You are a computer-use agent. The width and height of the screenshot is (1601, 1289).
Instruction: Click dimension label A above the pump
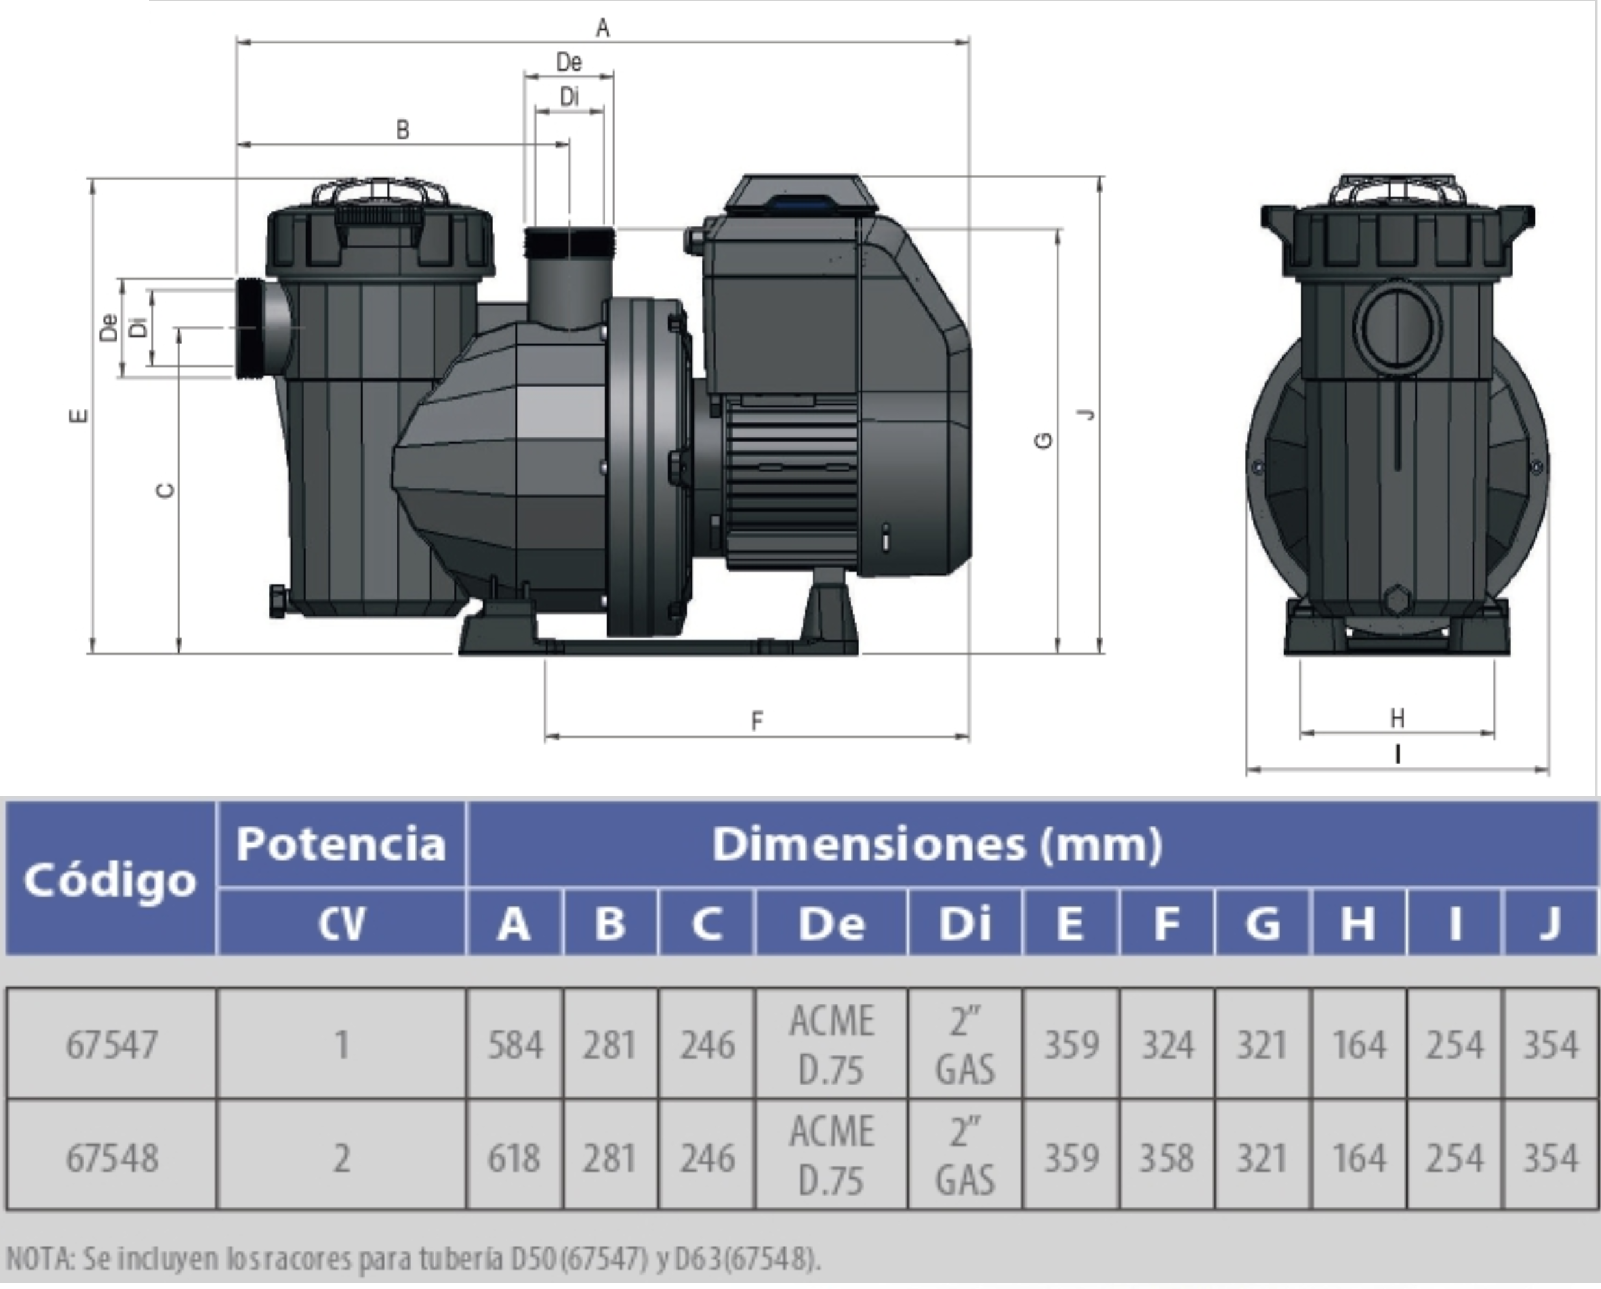[x=602, y=27]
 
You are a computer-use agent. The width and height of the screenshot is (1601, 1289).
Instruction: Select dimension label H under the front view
[x=1397, y=717]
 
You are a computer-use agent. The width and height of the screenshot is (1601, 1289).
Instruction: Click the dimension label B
[x=402, y=130]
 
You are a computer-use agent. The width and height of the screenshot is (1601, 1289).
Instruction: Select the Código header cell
[x=110, y=880]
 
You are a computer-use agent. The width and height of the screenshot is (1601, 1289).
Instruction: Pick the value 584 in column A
[x=514, y=1044]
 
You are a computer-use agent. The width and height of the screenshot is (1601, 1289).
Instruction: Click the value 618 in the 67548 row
[x=513, y=1157]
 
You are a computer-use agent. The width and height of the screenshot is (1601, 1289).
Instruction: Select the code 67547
[x=112, y=1044]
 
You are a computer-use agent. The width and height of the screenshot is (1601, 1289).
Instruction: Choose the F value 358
[x=1166, y=1157]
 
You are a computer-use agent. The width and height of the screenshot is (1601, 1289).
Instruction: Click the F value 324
[x=1167, y=1044]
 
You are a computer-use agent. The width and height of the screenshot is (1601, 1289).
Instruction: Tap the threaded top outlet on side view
[x=569, y=243]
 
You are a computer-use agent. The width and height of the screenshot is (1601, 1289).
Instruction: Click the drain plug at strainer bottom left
[x=277, y=601]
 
